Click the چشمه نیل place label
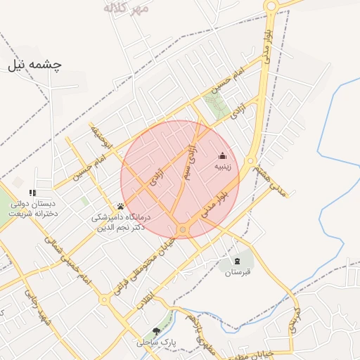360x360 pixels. pyautogui.click(x=35, y=65)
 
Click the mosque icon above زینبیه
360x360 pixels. pyautogui.click(x=222, y=156)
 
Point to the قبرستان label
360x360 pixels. pyautogui.click(x=238, y=272)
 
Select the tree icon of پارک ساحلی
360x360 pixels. pyautogui.click(x=156, y=330)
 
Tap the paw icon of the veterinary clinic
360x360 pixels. pyautogui.click(x=121, y=207)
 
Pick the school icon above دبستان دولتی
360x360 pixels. pyautogui.click(x=32, y=193)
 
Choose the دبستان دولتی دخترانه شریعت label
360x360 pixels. pyautogui.click(x=32, y=210)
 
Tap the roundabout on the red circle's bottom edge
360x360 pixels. pyautogui.click(x=183, y=229)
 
